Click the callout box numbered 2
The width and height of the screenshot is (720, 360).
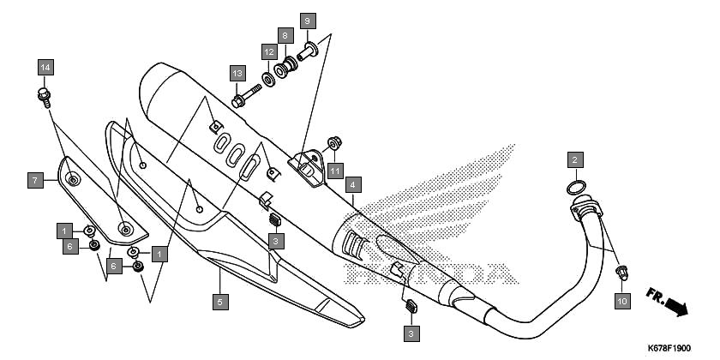[x=575, y=160]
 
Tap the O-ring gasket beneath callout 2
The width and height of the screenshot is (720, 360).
[x=577, y=188]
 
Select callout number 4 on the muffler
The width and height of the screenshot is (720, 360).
[x=352, y=184]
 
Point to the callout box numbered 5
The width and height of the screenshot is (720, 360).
[x=220, y=302]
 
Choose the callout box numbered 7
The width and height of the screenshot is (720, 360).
[x=35, y=180]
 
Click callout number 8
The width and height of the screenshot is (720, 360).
[x=285, y=35]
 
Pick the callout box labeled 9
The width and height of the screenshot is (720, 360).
[x=308, y=21]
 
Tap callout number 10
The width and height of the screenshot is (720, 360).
[x=622, y=301]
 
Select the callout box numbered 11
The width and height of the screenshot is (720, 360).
[x=335, y=171]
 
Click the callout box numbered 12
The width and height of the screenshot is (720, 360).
[x=269, y=52]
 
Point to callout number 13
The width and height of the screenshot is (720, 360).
[x=237, y=73]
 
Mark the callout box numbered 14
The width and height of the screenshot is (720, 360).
[x=45, y=68]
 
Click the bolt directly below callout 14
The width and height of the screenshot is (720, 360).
[x=44, y=98]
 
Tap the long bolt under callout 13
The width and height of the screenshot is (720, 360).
[x=246, y=96]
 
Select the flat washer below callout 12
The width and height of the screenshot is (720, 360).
[x=268, y=80]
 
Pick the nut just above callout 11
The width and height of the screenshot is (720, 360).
[x=335, y=143]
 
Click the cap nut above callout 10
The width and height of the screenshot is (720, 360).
[x=622, y=273]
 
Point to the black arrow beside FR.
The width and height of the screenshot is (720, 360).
[x=677, y=307]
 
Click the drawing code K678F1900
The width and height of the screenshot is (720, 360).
[x=669, y=349]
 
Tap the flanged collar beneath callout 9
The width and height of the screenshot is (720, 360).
[x=308, y=51]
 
